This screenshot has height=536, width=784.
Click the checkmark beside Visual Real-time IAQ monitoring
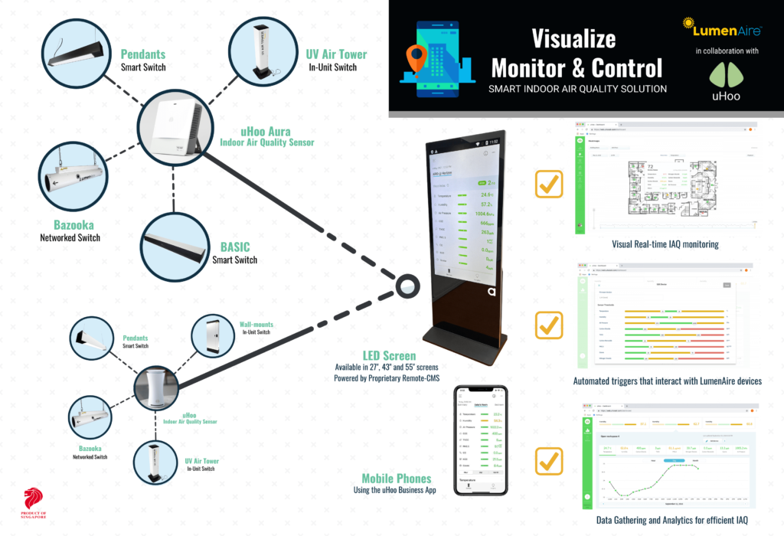(550, 184)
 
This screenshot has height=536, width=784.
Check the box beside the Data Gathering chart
(550, 462)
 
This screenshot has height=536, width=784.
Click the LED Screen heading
(389, 355)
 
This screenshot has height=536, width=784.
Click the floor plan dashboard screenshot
(665, 176)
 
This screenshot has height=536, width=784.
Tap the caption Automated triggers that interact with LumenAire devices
(667, 381)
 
